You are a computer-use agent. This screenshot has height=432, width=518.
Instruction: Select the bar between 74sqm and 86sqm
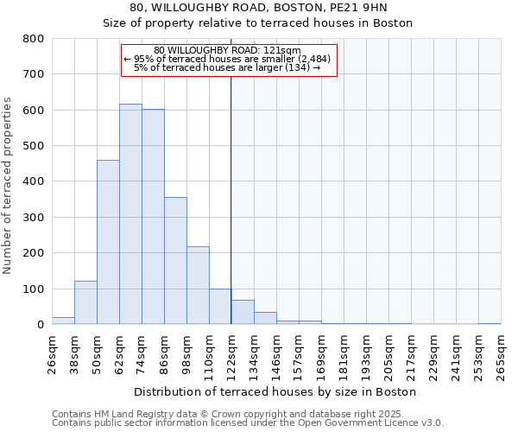(153, 217)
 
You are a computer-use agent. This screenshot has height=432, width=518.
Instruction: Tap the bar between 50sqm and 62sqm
(108, 242)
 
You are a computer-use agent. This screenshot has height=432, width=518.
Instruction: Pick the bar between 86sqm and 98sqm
(175, 261)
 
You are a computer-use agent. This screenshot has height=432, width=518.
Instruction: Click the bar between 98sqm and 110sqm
(198, 285)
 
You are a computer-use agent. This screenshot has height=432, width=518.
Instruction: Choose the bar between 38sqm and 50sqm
(85, 302)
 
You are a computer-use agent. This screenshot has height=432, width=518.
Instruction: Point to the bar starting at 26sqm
(63, 321)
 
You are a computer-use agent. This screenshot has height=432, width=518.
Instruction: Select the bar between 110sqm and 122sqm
(220, 307)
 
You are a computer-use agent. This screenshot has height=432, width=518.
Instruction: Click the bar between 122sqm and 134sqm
(243, 312)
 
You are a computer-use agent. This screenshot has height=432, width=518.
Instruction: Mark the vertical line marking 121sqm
(231, 199)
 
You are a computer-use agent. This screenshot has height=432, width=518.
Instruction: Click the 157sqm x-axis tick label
(300, 353)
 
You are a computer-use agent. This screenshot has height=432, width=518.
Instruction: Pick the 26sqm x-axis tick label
(52, 353)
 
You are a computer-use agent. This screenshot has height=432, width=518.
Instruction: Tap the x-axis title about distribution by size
(276, 391)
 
